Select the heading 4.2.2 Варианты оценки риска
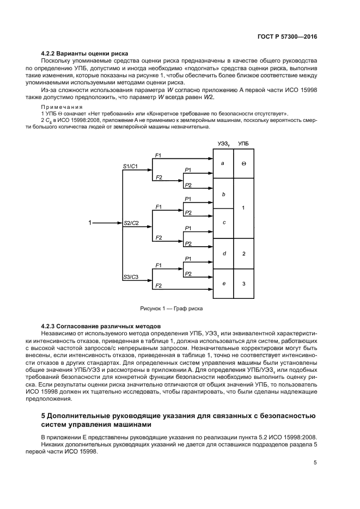tap(84, 53)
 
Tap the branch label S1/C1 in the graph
tap(131, 164)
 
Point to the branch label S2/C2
tap(131, 223)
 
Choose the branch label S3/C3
tap(131, 277)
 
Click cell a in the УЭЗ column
tap(223, 163)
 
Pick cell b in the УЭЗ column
tap(223, 193)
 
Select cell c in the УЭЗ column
tap(223, 223)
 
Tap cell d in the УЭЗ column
tap(223, 254)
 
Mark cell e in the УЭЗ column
tap(223, 284)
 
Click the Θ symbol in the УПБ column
tap(243, 163)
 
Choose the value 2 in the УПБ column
tap(243, 254)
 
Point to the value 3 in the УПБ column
tap(243, 284)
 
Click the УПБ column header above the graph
tap(243, 143)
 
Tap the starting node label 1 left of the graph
tap(91, 223)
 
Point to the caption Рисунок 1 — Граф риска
tap(171, 308)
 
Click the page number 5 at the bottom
tap(315, 463)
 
